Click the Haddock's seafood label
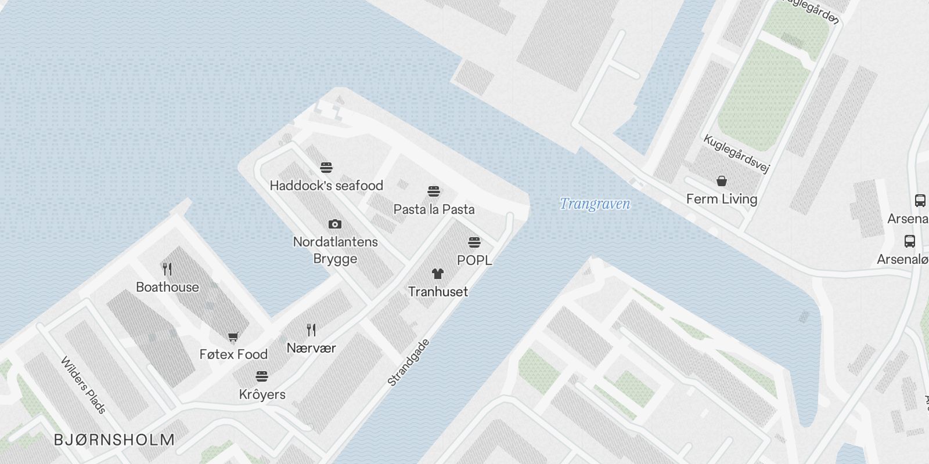coord(326,186)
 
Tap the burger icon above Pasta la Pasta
coord(434,191)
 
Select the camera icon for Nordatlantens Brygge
coord(335,224)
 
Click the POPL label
coord(474,260)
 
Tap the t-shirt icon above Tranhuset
coord(438,273)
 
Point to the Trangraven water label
coord(595,204)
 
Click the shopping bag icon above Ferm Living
coord(722,181)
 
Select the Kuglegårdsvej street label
coord(736,154)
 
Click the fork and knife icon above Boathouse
coord(167,269)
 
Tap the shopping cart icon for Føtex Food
coord(233,336)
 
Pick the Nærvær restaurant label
coord(311,348)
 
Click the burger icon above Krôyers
coord(262,376)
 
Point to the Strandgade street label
coord(409,362)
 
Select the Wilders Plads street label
coord(84,385)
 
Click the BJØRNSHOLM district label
coord(114,440)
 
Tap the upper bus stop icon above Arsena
coord(920,201)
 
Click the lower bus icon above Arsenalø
coord(910,241)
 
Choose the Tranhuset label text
coord(438,292)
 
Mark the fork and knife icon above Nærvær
coord(311,330)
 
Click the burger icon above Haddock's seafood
coord(326,168)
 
